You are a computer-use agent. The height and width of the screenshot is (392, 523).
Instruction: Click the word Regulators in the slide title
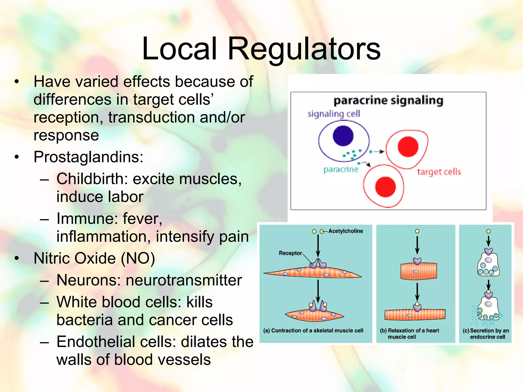point(304,48)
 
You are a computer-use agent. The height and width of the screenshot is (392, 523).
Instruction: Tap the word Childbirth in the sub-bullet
point(92,179)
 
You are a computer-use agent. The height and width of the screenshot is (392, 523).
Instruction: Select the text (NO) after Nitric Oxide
point(138,258)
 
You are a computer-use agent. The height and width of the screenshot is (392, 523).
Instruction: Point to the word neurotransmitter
point(184,280)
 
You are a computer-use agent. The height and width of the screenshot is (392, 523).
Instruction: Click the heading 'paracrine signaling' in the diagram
point(388,101)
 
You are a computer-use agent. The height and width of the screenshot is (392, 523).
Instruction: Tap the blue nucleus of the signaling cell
point(343,136)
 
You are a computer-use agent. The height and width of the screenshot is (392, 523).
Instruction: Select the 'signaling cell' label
point(334,114)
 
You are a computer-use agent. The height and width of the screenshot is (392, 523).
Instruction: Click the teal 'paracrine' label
point(341,169)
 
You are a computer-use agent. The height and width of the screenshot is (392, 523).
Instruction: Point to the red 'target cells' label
point(439,172)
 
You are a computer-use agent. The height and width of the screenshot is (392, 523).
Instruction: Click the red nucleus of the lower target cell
point(385,187)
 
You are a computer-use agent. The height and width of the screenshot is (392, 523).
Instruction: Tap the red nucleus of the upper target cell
point(408,146)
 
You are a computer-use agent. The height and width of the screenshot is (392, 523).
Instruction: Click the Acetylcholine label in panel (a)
point(346,231)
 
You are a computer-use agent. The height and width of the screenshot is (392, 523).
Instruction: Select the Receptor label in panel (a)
point(290,253)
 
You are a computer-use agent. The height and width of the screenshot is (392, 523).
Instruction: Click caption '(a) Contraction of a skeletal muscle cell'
point(313,331)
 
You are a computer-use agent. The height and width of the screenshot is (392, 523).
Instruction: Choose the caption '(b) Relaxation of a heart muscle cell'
point(409,334)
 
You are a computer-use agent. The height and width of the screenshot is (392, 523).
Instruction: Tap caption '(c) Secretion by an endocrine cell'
point(486,334)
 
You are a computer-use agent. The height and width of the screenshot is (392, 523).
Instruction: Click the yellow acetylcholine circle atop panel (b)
point(417,231)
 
